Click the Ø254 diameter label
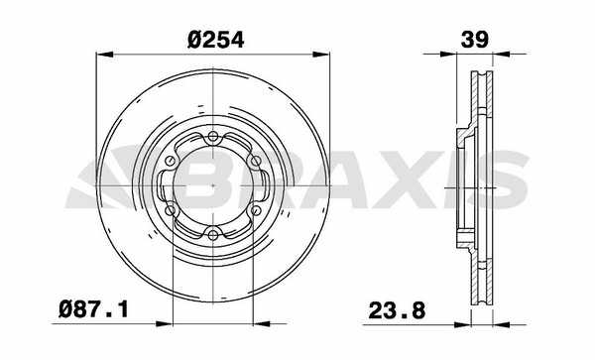[x=215, y=40]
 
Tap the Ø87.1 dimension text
[x=94, y=309]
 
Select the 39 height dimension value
[x=474, y=40]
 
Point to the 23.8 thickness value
[x=397, y=311]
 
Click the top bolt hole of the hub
[x=213, y=137]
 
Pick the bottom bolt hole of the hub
[x=213, y=235]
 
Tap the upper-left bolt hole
[x=171, y=161]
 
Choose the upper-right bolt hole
[x=256, y=161]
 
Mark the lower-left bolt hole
[x=171, y=210]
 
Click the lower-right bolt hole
[x=256, y=210]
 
